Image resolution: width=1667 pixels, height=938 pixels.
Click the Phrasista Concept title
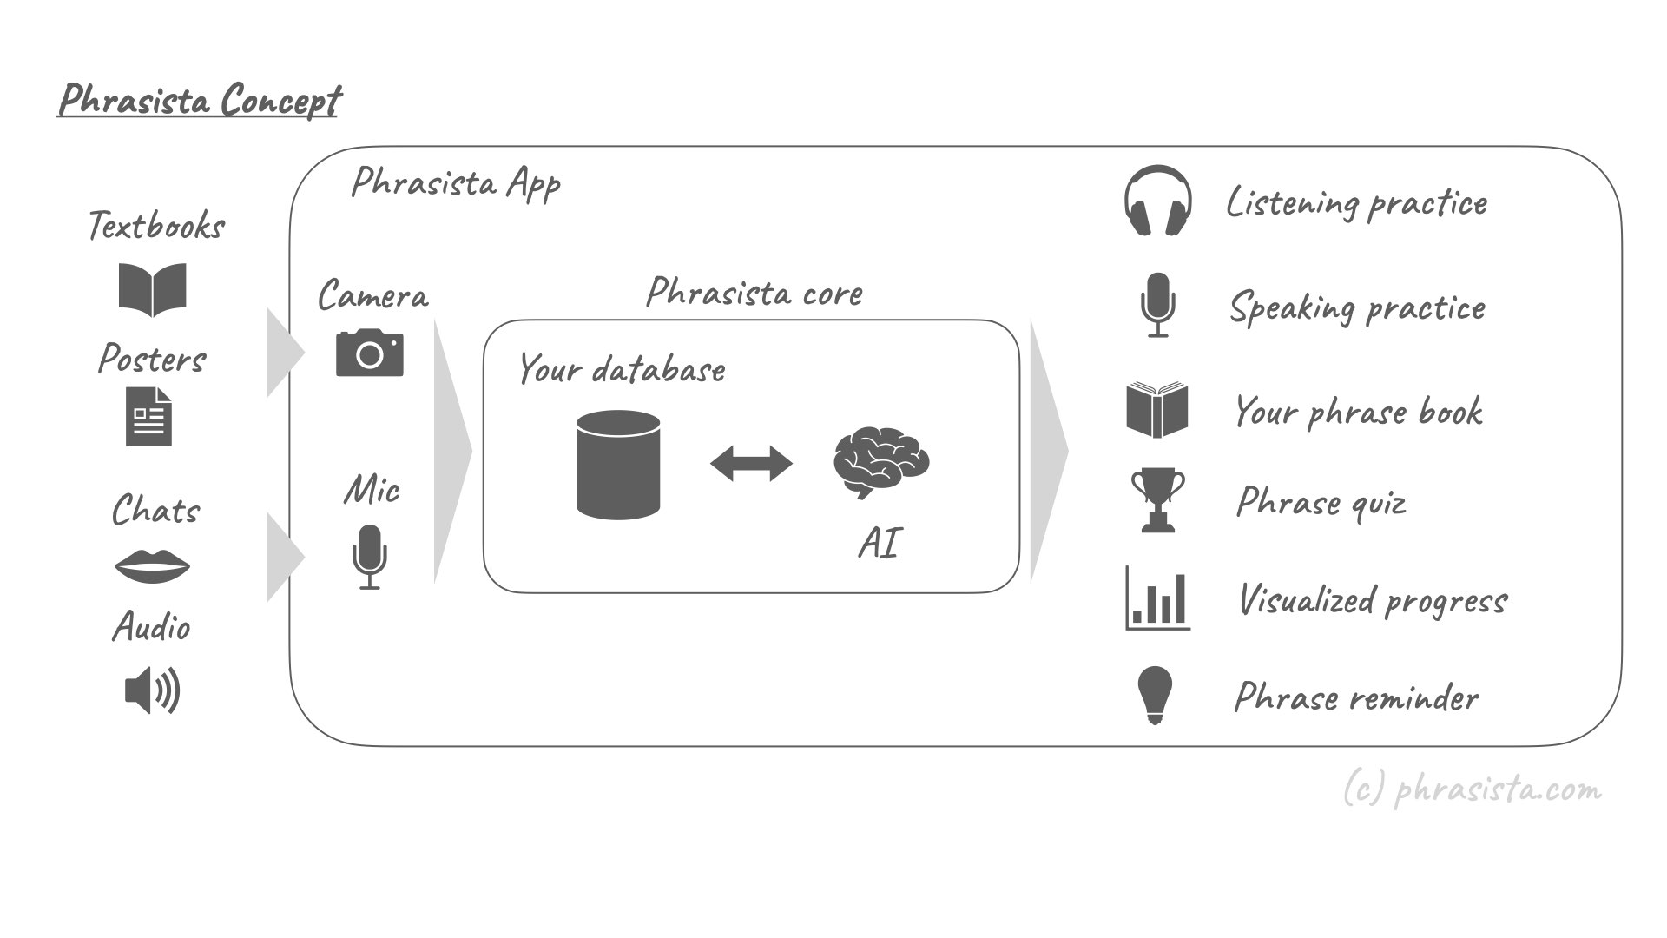[x=200, y=100]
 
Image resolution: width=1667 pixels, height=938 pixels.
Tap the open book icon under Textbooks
[x=152, y=289]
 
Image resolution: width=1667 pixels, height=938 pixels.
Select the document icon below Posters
[x=148, y=417]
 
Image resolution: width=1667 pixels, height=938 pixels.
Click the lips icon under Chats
[x=152, y=566]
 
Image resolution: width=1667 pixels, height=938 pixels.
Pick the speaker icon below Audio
[x=152, y=690]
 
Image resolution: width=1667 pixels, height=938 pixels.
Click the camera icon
[x=370, y=353]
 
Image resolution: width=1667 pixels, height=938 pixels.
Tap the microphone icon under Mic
[x=369, y=557]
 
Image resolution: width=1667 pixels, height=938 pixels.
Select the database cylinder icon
[x=618, y=465]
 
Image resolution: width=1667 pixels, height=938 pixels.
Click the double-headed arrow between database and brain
[x=751, y=464]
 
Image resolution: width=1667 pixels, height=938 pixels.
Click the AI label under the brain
[x=880, y=544]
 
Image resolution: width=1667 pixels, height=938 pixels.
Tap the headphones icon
[x=1157, y=201]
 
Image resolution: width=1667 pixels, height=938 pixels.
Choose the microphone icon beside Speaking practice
[x=1157, y=305]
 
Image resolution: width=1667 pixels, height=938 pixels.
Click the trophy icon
[x=1157, y=500]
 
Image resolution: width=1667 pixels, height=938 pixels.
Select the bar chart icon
[x=1157, y=598]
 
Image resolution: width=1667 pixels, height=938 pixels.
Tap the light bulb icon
[x=1155, y=696]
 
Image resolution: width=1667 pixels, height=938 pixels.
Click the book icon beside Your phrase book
[x=1157, y=410]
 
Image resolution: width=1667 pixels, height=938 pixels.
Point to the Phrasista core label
[x=754, y=293]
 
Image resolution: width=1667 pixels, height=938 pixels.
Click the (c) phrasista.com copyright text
[x=1472, y=789]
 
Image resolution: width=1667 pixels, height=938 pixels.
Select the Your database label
[x=622, y=370]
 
